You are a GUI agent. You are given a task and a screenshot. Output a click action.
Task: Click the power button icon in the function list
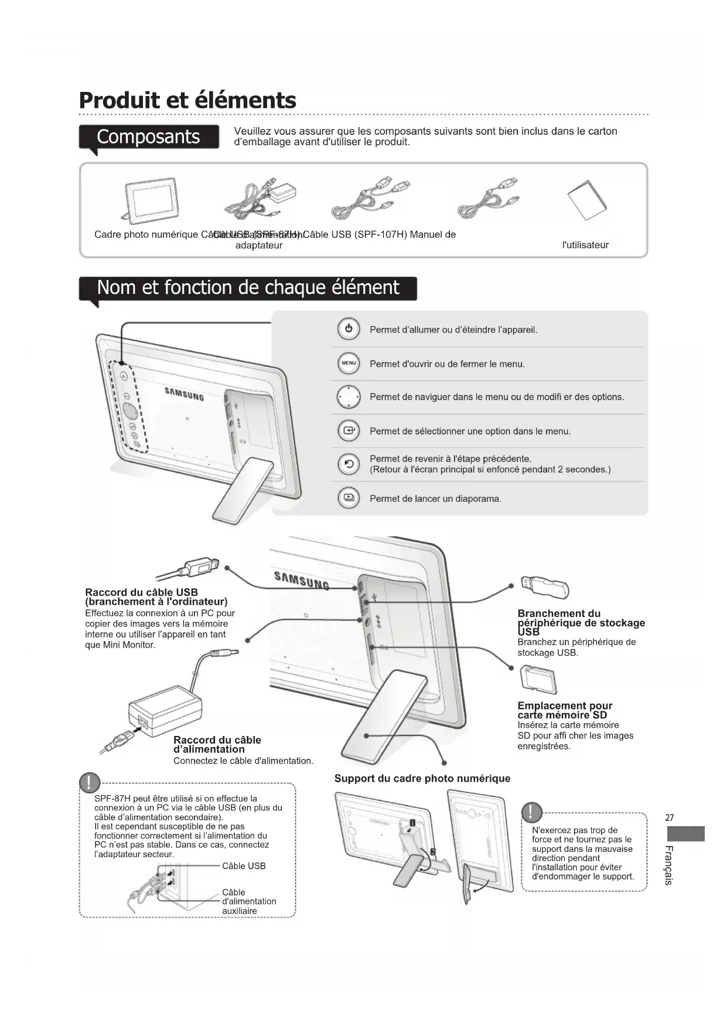pos(349,329)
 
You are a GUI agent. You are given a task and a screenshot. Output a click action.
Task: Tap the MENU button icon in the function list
pos(349,364)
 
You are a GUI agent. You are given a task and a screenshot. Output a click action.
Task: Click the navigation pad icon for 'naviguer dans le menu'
pos(349,397)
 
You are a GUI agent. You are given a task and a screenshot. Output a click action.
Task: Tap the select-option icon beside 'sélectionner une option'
pos(349,431)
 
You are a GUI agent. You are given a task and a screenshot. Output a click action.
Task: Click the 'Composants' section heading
pos(149,136)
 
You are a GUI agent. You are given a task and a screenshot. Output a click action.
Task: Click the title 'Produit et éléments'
pos(187,100)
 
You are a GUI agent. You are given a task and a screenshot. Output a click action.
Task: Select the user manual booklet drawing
pos(588,201)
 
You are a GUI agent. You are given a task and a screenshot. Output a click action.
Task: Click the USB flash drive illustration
pos(545,586)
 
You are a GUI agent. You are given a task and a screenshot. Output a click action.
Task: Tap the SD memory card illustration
pos(538,679)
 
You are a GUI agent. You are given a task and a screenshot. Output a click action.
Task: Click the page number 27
pos(670,818)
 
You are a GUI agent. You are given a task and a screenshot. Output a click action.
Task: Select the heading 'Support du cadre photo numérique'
pos(422,778)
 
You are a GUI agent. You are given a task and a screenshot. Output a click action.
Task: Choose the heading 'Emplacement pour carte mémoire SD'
pos(564,710)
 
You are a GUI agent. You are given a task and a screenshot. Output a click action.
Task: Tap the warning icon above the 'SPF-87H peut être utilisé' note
pos(90,782)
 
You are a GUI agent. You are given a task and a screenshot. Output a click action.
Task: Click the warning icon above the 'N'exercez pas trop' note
pos(531,812)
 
